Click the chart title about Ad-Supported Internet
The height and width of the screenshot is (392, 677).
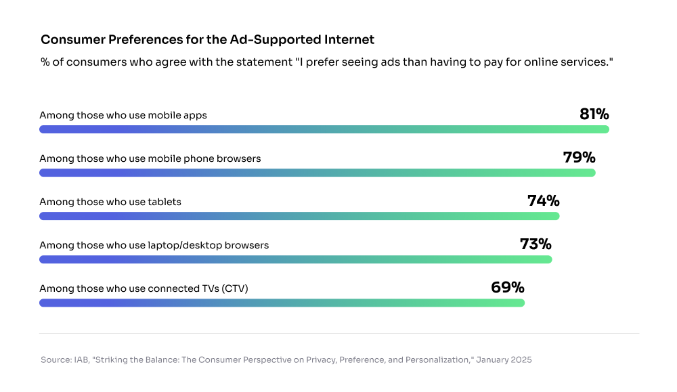click(207, 40)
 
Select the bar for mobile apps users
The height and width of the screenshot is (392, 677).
click(324, 129)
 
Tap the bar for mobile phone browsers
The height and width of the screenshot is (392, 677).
click(317, 173)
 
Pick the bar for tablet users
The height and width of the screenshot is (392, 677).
click(299, 216)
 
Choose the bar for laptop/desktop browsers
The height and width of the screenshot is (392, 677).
click(295, 259)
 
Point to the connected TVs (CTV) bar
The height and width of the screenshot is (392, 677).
click(282, 303)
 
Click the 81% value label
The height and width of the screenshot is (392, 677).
click(594, 114)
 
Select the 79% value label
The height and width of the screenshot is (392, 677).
click(579, 158)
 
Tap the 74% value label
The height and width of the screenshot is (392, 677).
click(543, 201)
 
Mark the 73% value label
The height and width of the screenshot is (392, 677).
click(536, 244)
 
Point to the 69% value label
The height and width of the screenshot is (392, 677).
click(508, 288)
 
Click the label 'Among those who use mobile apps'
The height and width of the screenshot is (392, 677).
click(123, 115)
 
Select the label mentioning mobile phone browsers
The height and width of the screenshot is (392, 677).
click(150, 158)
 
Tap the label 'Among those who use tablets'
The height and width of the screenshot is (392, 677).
click(110, 202)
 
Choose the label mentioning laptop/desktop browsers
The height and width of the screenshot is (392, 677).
click(154, 245)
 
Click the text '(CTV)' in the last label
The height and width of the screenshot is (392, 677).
click(234, 288)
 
